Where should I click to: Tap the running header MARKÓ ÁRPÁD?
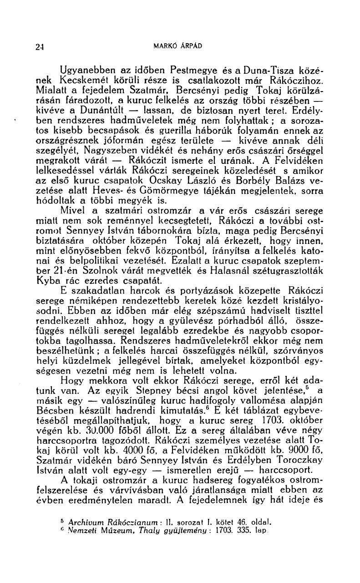pyautogui.click(x=180, y=46)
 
